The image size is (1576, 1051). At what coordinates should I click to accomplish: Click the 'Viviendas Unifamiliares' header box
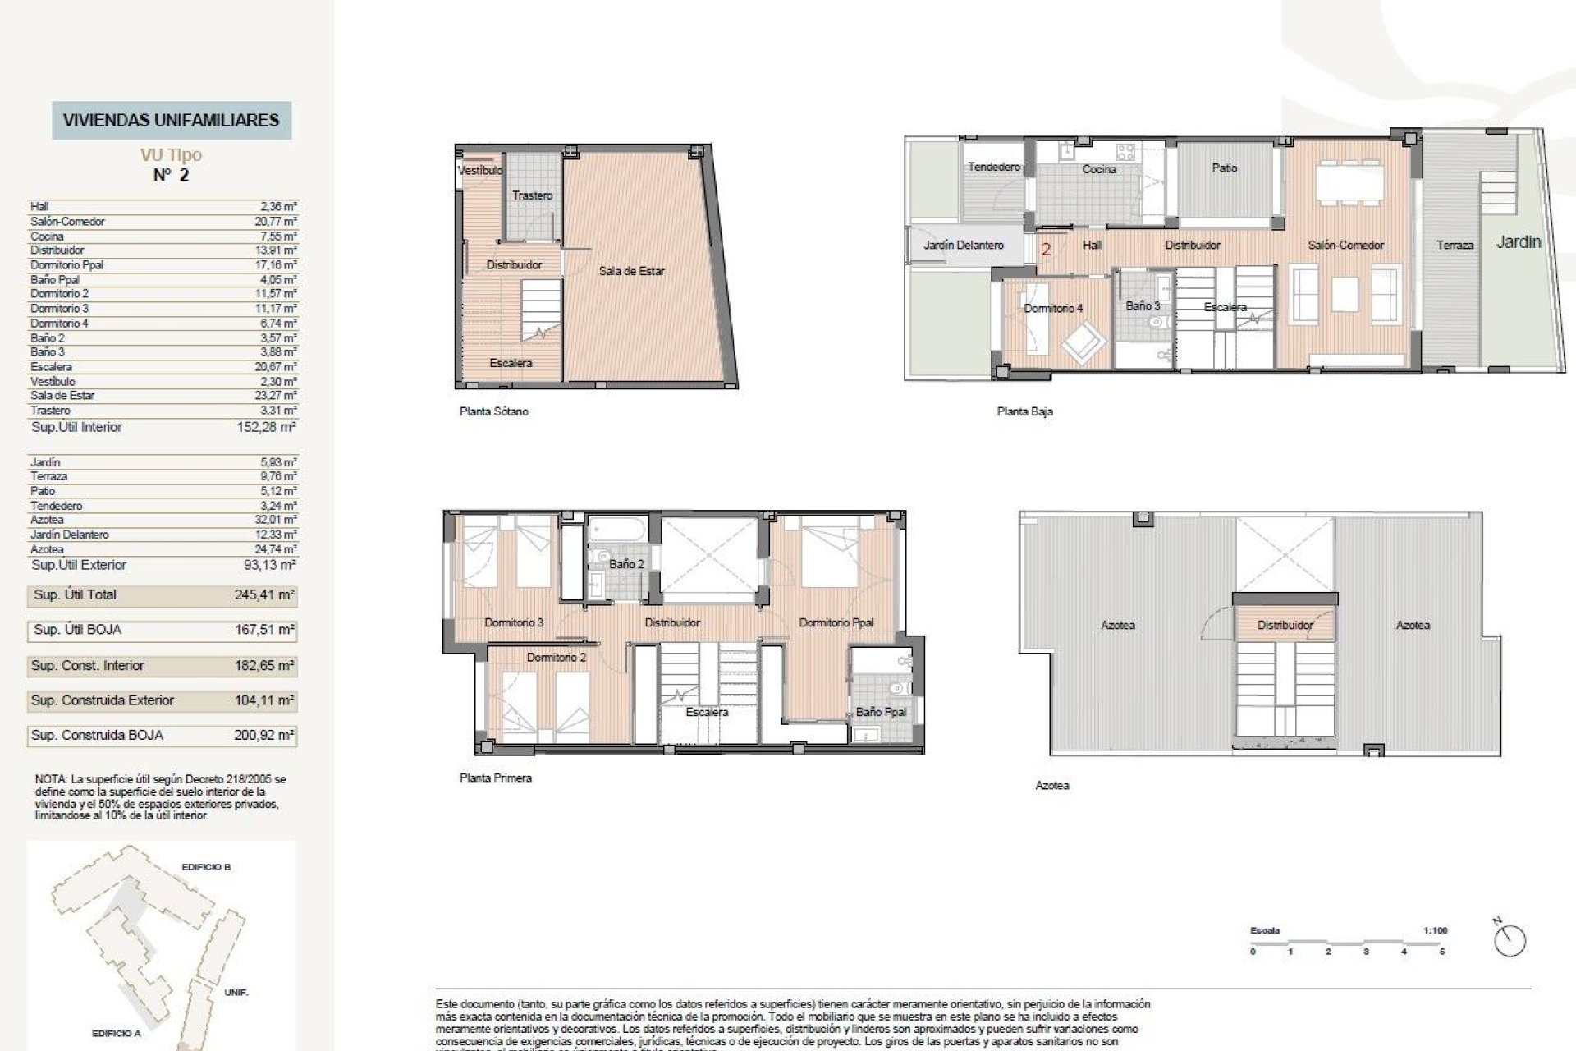pyautogui.click(x=172, y=120)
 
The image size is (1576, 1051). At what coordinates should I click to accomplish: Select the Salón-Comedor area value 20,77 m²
pyautogui.click(x=275, y=222)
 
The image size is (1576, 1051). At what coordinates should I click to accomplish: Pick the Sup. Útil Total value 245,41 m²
pyautogui.click(x=263, y=595)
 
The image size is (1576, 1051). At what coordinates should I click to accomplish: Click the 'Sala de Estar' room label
pyautogui.click(x=631, y=271)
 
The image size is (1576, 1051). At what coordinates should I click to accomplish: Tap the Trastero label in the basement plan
pyautogui.click(x=532, y=195)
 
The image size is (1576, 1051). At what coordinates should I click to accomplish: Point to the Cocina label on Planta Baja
pyautogui.click(x=1099, y=169)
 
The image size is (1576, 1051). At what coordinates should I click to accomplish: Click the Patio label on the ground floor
pyautogui.click(x=1224, y=168)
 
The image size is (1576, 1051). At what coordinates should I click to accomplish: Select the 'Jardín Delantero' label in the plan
pyautogui.click(x=963, y=245)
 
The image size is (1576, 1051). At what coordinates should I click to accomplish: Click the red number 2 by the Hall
pyautogui.click(x=1046, y=249)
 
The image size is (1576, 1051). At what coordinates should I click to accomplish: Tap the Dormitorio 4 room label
pyautogui.click(x=1053, y=308)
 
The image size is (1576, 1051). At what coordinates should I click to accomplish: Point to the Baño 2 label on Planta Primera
pyautogui.click(x=626, y=564)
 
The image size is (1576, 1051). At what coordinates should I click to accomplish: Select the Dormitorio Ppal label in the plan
pyautogui.click(x=836, y=622)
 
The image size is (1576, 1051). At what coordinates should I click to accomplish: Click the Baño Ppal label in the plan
pyautogui.click(x=880, y=712)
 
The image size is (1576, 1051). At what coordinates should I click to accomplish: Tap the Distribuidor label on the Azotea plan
pyautogui.click(x=1285, y=625)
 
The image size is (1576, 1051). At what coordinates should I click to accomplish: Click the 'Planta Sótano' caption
pyautogui.click(x=493, y=411)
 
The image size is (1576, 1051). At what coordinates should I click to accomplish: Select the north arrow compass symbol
pyautogui.click(x=1510, y=940)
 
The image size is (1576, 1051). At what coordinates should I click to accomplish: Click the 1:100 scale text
pyautogui.click(x=1435, y=930)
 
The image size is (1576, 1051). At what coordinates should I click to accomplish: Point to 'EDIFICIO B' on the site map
pyautogui.click(x=206, y=867)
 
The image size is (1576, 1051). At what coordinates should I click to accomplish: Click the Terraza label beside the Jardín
pyautogui.click(x=1455, y=245)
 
